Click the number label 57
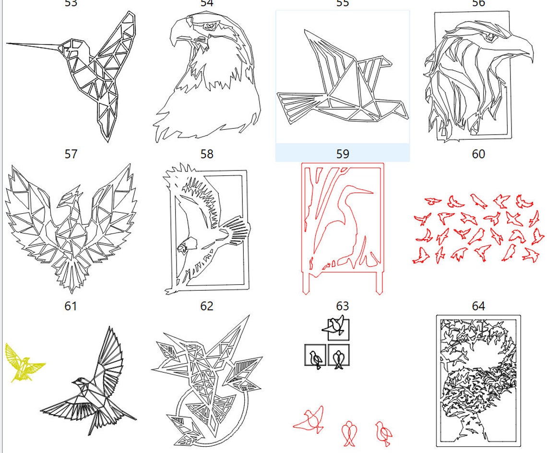71,154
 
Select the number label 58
207,154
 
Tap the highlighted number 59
343,154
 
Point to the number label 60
478,154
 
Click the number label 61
71,306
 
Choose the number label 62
207,306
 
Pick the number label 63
343,306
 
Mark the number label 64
478,306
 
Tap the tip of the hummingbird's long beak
8,43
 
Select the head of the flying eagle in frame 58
184,247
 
